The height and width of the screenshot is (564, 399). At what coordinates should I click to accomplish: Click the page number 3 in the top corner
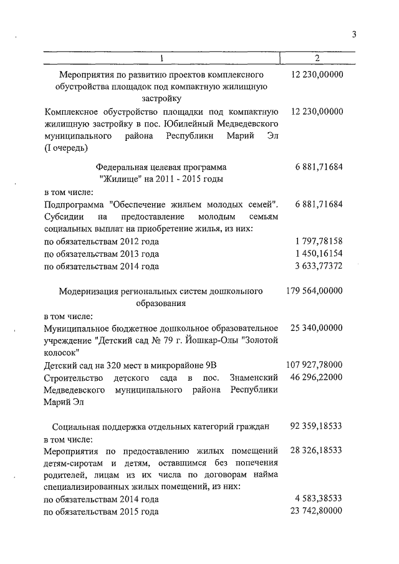pyautogui.click(x=353, y=34)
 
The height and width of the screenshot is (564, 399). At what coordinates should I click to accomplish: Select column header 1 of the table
pyautogui.click(x=161, y=59)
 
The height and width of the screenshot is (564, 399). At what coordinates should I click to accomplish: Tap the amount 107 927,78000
pyautogui.click(x=315, y=365)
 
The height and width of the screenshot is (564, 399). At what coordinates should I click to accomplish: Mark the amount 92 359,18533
pyautogui.click(x=317, y=427)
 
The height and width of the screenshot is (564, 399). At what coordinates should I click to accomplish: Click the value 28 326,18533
pyautogui.click(x=317, y=451)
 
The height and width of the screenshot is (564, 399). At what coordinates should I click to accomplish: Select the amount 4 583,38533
pyautogui.click(x=319, y=500)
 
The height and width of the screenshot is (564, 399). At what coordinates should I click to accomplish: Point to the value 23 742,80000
pyautogui.click(x=317, y=512)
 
